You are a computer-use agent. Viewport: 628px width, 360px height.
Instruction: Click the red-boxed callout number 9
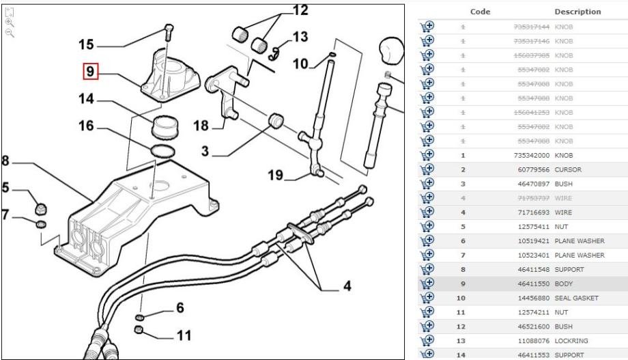[x=91, y=70]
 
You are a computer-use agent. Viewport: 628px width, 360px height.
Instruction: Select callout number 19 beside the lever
[x=275, y=175]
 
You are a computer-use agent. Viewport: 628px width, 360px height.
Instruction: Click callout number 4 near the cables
[x=347, y=286]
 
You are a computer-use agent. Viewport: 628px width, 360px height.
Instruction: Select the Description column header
[x=577, y=12]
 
